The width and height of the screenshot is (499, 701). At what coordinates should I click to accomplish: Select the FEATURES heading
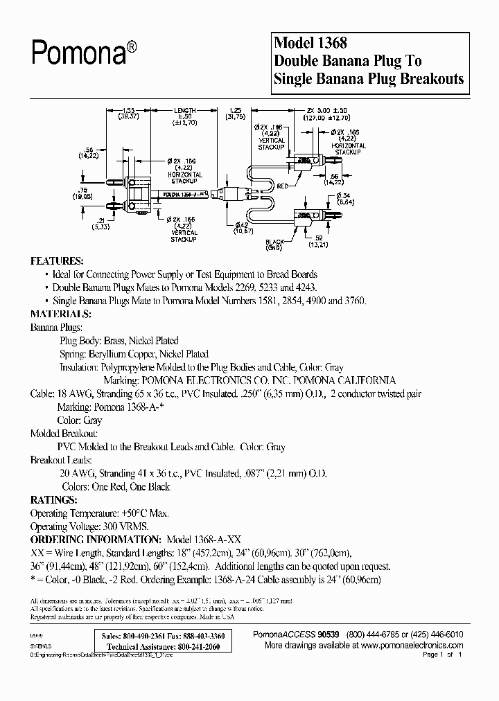57,261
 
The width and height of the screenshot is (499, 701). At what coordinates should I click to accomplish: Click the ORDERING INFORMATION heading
94,539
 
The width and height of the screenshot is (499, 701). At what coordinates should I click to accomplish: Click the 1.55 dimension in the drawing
128,110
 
